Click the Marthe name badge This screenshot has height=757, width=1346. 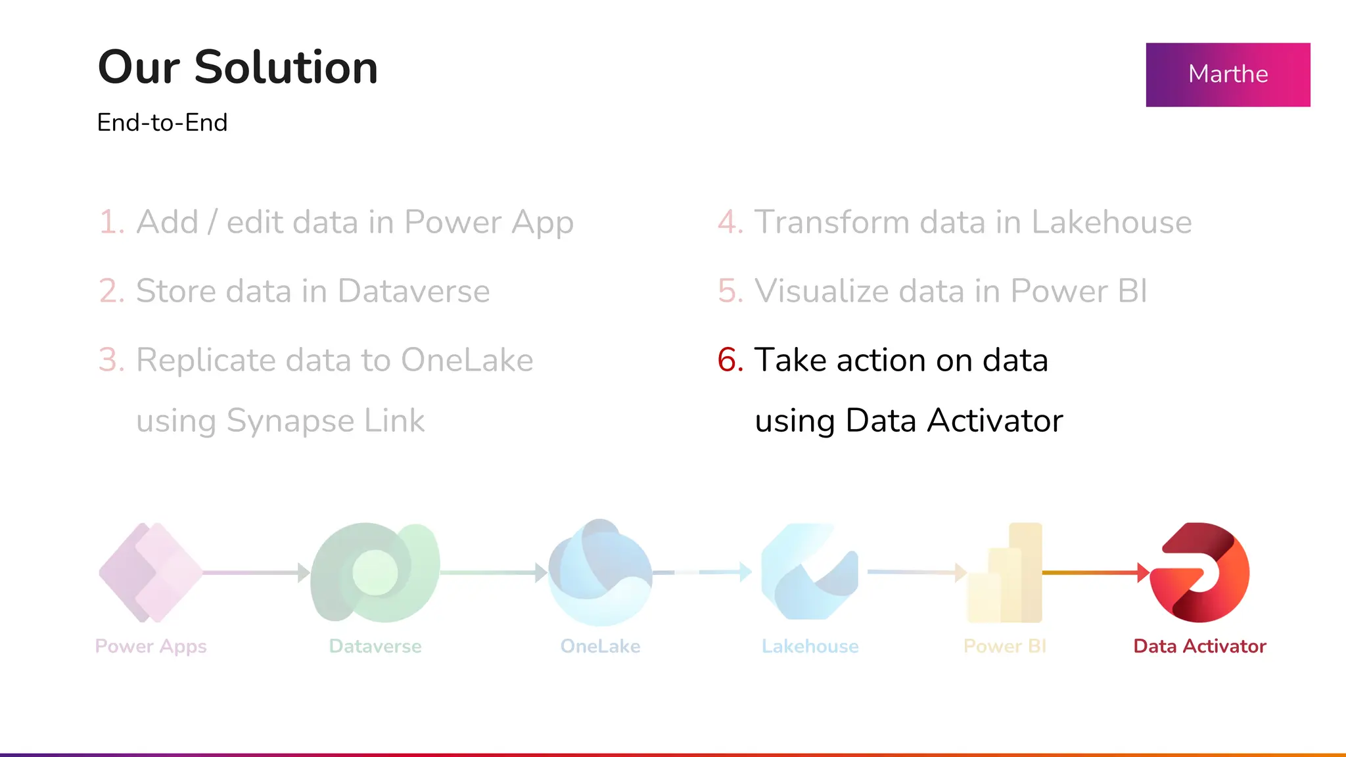pos(1228,74)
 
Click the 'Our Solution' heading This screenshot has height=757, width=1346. pos(237,67)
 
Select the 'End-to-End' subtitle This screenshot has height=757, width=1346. pos(162,123)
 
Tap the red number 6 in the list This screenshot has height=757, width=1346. pos(730,360)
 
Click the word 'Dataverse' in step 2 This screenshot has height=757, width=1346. pos(413,291)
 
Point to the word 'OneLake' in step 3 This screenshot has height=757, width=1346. pos(467,360)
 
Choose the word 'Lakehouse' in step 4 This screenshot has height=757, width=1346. pos(1111,222)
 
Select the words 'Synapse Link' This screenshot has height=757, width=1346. pos(325,421)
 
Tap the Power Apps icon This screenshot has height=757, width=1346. pos(151,572)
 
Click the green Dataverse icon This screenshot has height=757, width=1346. pos(375,572)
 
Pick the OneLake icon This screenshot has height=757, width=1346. pos(600,572)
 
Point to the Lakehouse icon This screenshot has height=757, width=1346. pos(810,572)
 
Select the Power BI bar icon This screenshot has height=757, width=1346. pos(1004,572)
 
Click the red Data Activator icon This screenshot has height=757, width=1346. pos(1199,572)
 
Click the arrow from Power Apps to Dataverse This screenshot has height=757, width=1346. pos(256,572)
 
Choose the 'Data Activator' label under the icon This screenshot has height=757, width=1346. pos(1199,646)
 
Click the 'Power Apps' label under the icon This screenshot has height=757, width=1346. pos(151,646)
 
